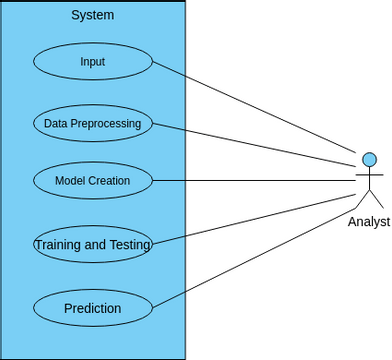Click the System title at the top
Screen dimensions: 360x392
[x=92, y=15]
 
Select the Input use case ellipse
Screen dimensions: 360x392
[x=92, y=61]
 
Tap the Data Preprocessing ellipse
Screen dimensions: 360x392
[x=92, y=124]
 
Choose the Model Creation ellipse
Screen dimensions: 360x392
[x=92, y=181]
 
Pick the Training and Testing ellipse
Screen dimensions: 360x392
[x=92, y=244]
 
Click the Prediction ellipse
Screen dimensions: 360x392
[x=92, y=308]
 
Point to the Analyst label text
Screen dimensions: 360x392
[x=369, y=222]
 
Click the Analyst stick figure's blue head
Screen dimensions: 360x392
[x=369, y=159]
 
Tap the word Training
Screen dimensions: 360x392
[x=57, y=244]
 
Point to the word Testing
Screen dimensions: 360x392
[x=130, y=244]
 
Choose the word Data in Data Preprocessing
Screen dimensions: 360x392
[x=55, y=124]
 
